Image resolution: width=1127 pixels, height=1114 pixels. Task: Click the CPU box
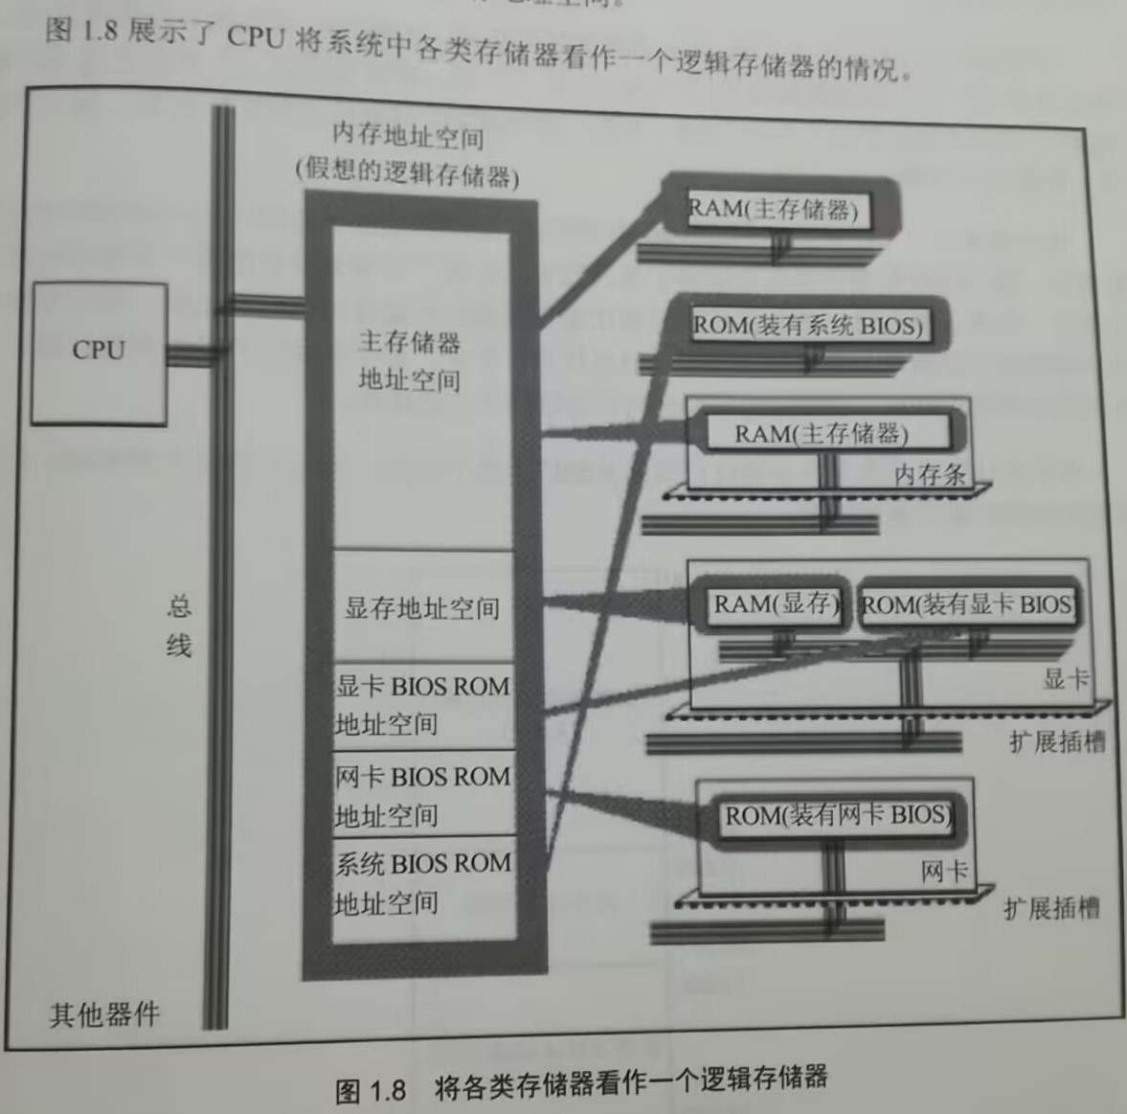[x=99, y=352]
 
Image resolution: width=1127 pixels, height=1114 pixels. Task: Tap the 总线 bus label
[x=179, y=626]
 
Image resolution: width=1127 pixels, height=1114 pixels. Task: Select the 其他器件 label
[x=104, y=1014]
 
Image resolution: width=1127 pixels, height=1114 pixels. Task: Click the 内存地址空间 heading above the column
[x=408, y=138]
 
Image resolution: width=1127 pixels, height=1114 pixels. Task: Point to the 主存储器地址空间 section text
[x=410, y=361]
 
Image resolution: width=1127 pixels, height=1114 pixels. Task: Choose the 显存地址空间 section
[x=422, y=607]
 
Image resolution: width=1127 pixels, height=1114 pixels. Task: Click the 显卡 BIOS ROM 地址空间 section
[x=422, y=705]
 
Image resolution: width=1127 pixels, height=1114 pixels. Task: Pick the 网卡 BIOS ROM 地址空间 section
[x=422, y=795]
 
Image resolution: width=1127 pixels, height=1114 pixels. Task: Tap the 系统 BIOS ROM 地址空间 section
[x=422, y=882]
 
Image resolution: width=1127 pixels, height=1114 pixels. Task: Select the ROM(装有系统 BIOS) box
[x=808, y=326]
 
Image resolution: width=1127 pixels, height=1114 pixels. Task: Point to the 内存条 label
[x=929, y=473]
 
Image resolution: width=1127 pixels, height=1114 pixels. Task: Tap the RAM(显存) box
[x=775, y=604]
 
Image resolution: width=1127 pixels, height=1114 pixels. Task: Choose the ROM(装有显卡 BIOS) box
[x=965, y=605]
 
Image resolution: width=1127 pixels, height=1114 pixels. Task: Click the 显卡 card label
[x=1066, y=679]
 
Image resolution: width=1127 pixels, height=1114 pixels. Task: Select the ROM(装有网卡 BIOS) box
[x=836, y=816]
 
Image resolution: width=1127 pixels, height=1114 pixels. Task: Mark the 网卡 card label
[x=944, y=872]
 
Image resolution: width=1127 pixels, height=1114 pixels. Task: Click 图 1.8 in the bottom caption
[x=371, y=1090]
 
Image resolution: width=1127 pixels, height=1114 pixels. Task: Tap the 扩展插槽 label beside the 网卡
[x=1051, y=908]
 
